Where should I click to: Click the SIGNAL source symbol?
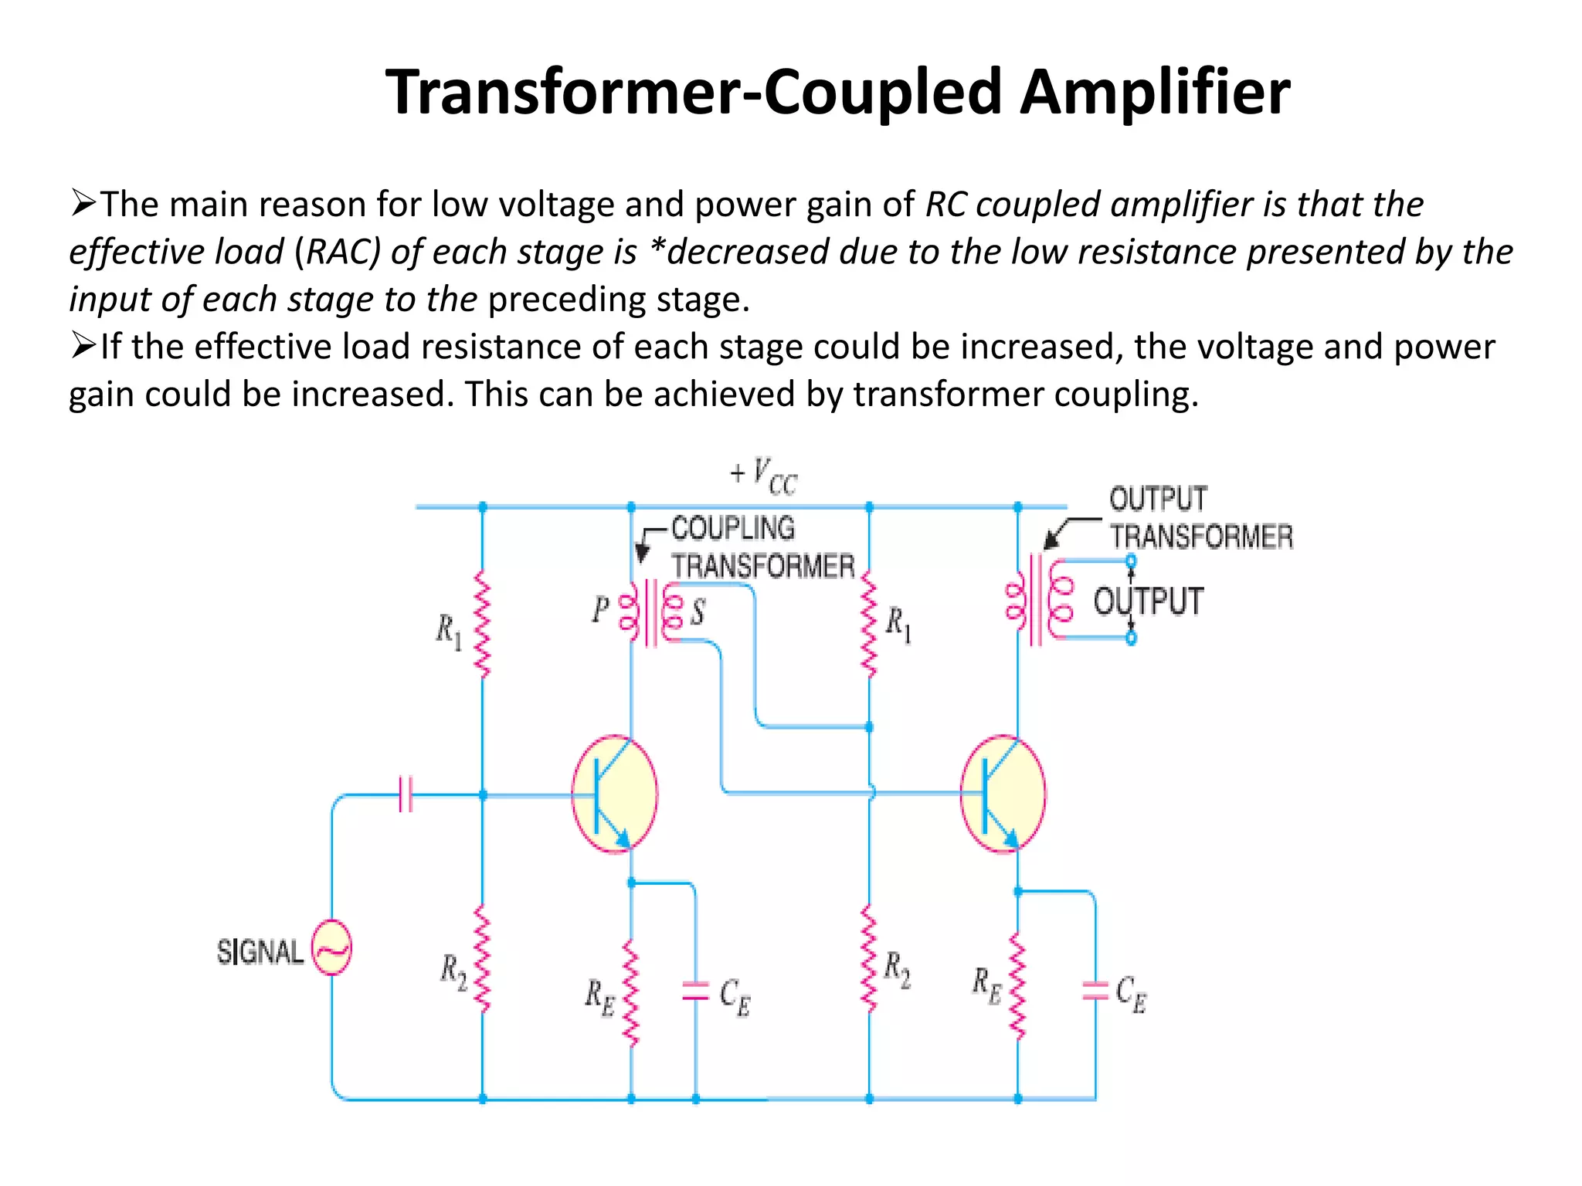(x=331, y=947)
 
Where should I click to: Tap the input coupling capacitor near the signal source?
(x=406, y=794)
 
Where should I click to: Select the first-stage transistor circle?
(x=615, y=794)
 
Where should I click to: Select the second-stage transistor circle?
(x=1003, y=794)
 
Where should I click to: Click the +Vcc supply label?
(x=764, y=476)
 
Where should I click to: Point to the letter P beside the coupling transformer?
(x=600, y=610)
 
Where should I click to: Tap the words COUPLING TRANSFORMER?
(x=762, y=547)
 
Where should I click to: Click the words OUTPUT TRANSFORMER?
(x=1200, y=517)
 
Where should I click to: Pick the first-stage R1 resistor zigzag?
(x=483, y=624)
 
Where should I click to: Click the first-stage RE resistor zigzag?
(x=631, y=993)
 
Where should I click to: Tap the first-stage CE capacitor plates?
(x=695, y=991)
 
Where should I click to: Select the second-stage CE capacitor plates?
(x=1095, y=991)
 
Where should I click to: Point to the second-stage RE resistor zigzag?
(x=1017, y=987)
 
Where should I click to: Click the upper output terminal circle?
(x=1131, y=561)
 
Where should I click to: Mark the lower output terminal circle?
(x=1131, y=638)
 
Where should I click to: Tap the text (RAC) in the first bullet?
(x=338, y=252)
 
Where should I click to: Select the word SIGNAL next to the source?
(x=260, y=952)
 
